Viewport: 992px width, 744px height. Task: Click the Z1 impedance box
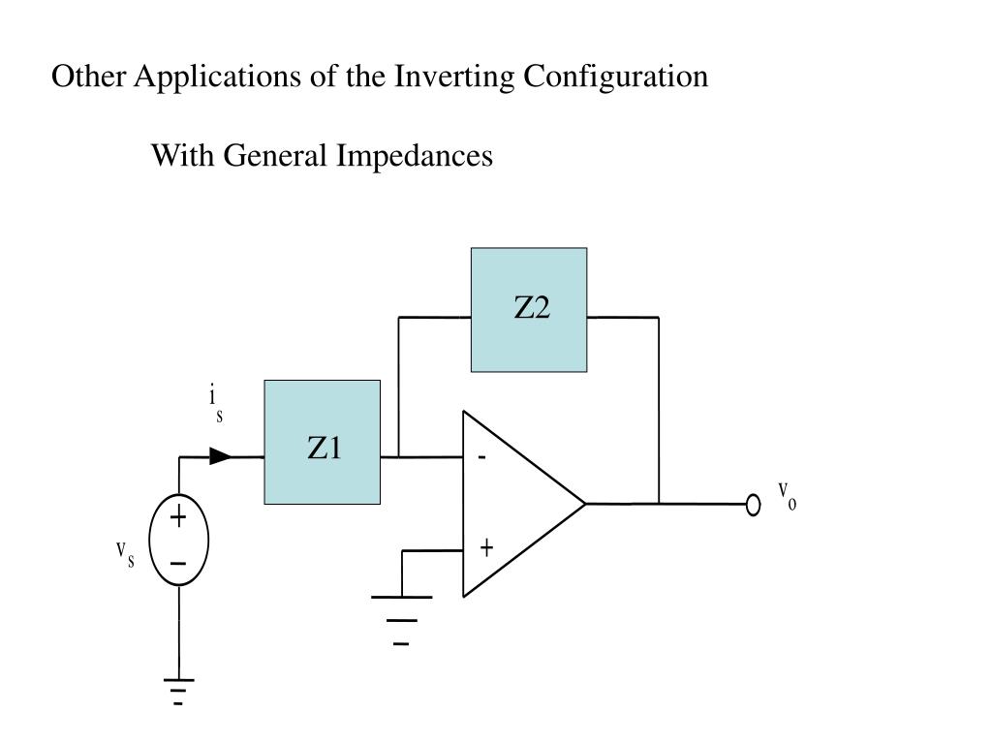click(322, 443)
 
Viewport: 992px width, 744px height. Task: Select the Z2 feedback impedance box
click(529, 310)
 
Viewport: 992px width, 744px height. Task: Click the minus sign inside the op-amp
click(480, 457)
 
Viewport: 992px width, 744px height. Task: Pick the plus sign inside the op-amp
click(486, 548)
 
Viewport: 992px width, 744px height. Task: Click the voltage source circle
click(179, 540)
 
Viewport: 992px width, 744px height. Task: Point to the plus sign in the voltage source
click(178, 518)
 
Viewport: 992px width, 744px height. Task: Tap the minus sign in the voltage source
click(178, 563)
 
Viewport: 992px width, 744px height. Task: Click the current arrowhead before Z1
click(221, 456)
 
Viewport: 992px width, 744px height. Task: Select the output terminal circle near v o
click(754, 505)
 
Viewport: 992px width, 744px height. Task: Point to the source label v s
click(125, 554)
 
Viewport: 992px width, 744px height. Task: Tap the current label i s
click(216, 403)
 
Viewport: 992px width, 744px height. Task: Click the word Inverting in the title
click(455, 77)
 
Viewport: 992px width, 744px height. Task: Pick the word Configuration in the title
click(616, 77)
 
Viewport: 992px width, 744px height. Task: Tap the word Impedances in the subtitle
click(415, 155)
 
